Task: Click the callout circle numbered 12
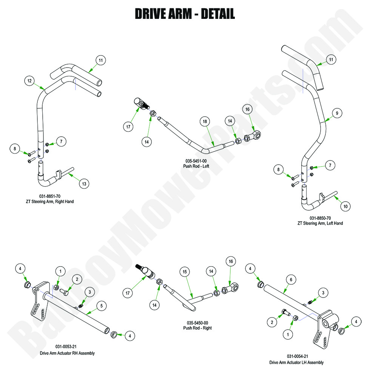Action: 29,80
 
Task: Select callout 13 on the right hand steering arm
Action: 84,184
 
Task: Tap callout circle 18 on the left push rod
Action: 204,121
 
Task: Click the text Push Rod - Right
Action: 197,328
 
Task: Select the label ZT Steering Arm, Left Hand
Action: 320,223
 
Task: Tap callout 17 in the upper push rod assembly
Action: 129,127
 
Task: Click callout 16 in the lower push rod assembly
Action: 230,261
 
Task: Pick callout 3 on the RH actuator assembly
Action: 89,291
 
